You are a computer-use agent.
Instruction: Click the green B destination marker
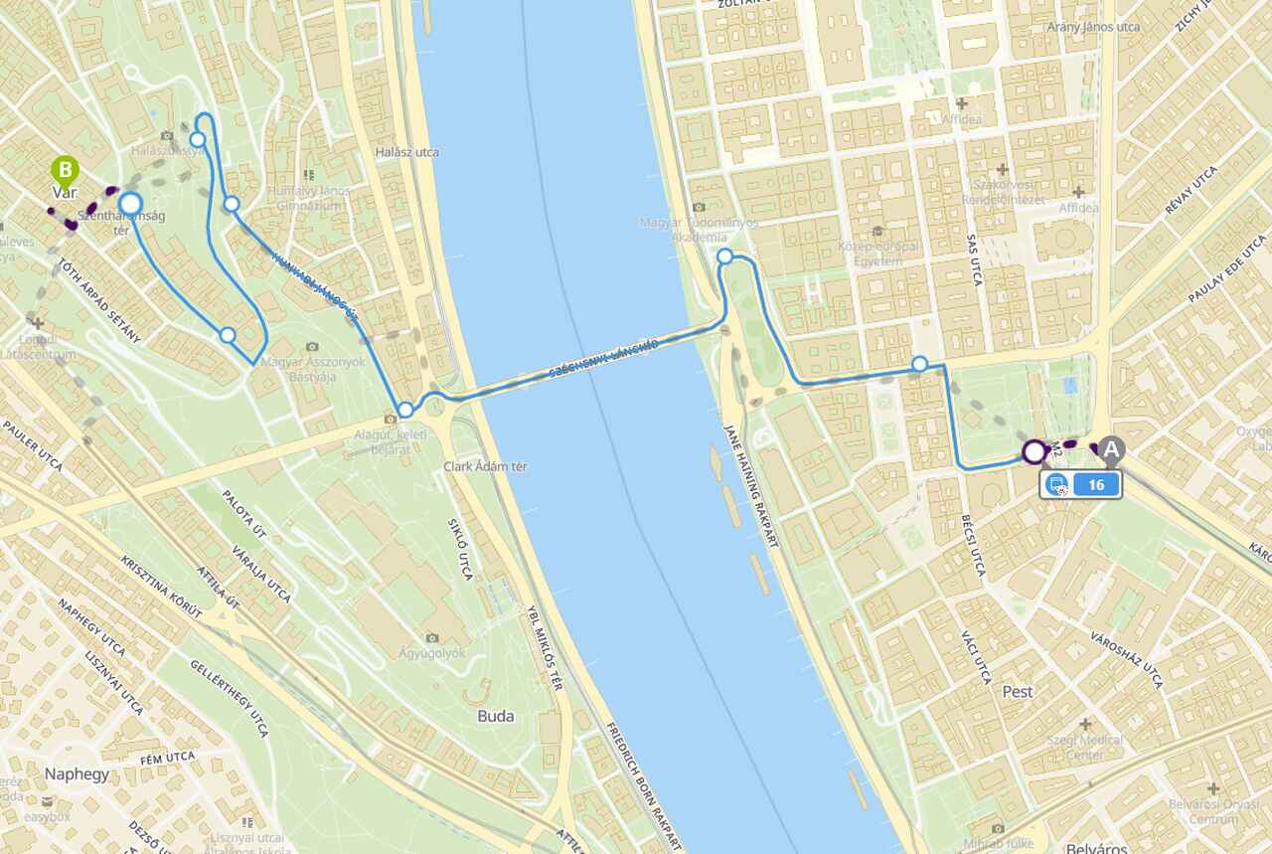[66, 170]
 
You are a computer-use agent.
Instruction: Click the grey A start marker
[1111, 450]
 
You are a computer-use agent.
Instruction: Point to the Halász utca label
[407, 152]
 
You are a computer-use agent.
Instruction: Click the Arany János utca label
[1093, 27]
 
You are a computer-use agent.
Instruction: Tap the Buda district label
[496, 715]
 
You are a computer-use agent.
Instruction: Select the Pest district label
[1018, 691]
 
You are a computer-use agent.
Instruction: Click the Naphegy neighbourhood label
[77, 773]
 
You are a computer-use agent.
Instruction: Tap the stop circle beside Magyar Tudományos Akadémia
[725, 256]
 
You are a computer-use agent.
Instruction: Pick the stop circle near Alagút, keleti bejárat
[405, 410]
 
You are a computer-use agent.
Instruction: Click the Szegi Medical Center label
[1084, 747]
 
